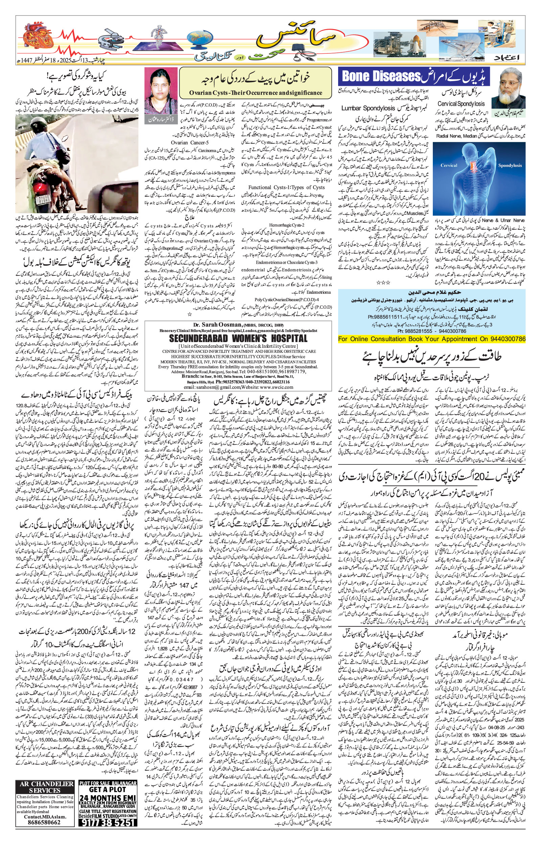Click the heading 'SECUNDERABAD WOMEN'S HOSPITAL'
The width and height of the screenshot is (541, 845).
point(238,338)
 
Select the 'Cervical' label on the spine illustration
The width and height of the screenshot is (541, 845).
point(449,165)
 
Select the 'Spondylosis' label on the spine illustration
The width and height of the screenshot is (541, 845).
point(510,165)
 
